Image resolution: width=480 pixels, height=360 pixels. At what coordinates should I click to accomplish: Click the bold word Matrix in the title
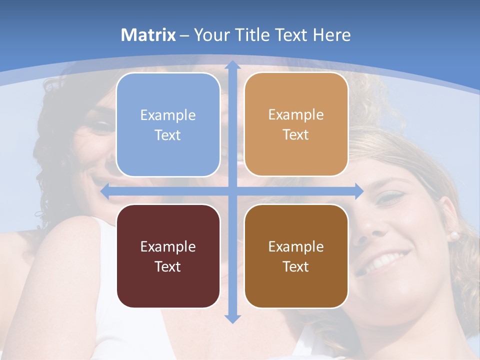(148, 35)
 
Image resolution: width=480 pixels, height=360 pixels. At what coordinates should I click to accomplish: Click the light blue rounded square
(168, 125)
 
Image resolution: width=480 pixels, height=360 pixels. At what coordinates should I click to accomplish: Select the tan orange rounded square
(296, 124)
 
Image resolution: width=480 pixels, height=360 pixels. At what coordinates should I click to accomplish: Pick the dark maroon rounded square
(168, 256)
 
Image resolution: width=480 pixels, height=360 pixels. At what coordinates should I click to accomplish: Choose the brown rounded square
(296, 256)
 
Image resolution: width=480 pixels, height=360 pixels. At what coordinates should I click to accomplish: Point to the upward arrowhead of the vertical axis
(232, 64)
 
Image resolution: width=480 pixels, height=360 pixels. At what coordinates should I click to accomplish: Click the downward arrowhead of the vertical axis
(232, 318)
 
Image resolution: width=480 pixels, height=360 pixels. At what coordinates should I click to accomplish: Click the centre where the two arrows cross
(232, 191)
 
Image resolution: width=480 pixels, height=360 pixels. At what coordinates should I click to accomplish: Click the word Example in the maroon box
(168, 246)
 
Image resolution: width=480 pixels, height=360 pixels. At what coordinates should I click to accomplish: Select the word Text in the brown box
(296, 266)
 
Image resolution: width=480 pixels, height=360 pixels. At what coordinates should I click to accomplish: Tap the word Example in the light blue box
(168, 115)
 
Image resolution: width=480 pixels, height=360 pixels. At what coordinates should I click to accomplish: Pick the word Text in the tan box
(296, 135)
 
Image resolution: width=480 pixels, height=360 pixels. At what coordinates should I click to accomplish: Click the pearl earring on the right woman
(454, 235)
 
